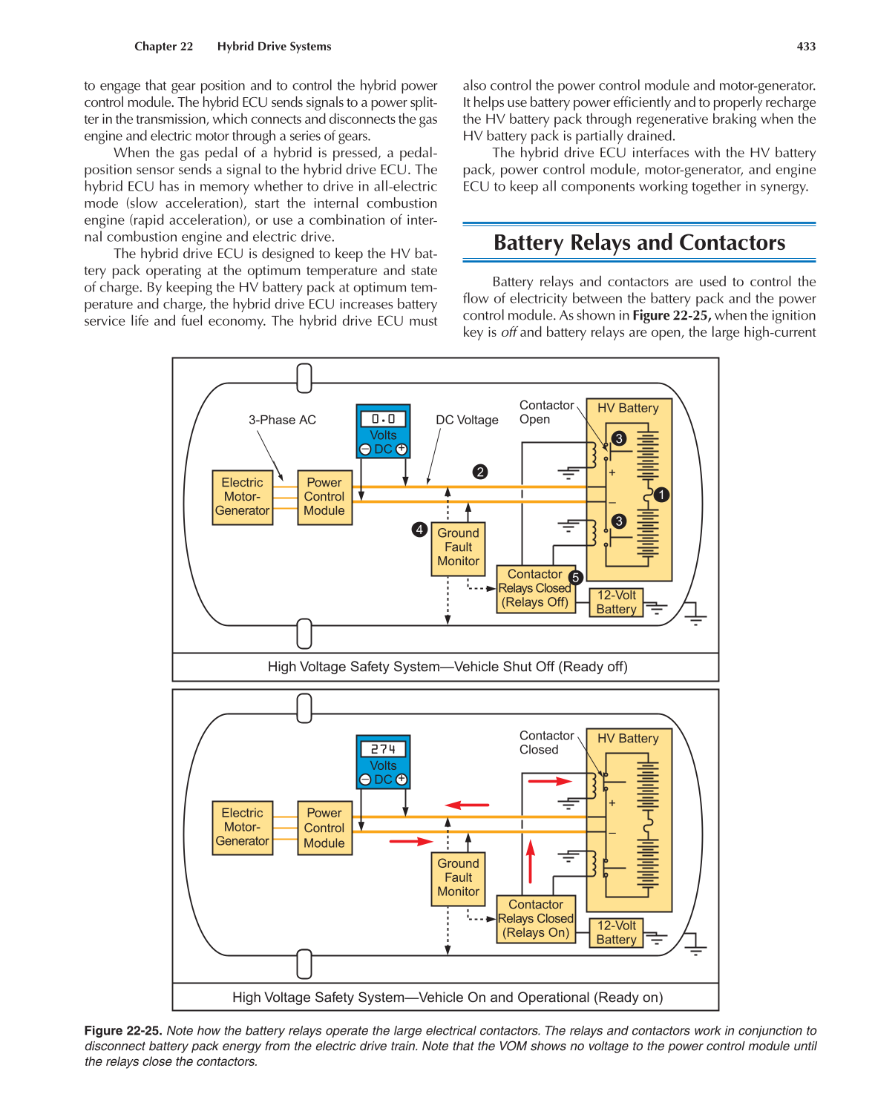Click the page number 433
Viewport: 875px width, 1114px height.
click(x=806, y=47)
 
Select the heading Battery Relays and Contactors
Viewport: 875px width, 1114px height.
click(x=639, y=243)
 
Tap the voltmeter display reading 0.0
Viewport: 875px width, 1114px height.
click(x=383, y=419)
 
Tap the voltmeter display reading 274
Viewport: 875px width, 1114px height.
click(x=383, y=749)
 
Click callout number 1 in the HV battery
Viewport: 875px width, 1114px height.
click(x=661, y=495)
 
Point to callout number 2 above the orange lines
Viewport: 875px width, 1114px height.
click(x=480, y=472)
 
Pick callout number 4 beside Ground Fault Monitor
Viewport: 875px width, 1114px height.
click(x=419, y=530)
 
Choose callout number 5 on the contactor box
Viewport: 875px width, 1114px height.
click(x=576, y=577)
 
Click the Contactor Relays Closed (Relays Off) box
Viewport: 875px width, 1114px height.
click(x=534, y=589)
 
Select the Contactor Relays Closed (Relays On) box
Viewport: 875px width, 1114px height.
click(x=535, y=919)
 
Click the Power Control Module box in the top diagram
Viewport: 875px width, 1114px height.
click(x=324, y=497)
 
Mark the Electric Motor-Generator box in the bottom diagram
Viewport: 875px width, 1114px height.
click(x=242, y=828)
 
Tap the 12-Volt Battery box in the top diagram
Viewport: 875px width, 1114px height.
click(x=616, y=602)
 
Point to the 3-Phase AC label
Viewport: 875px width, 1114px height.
click(x=282, y=421)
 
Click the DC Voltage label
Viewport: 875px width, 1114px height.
click(x=467, y=421)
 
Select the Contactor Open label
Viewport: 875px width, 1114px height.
click(x=546, y=412)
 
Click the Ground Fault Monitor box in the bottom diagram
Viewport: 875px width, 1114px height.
click(x=458, y=878)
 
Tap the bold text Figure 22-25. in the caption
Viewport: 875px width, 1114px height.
click(x=123, y=1031)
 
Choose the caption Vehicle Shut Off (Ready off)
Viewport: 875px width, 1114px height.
click(x=448, y=667)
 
